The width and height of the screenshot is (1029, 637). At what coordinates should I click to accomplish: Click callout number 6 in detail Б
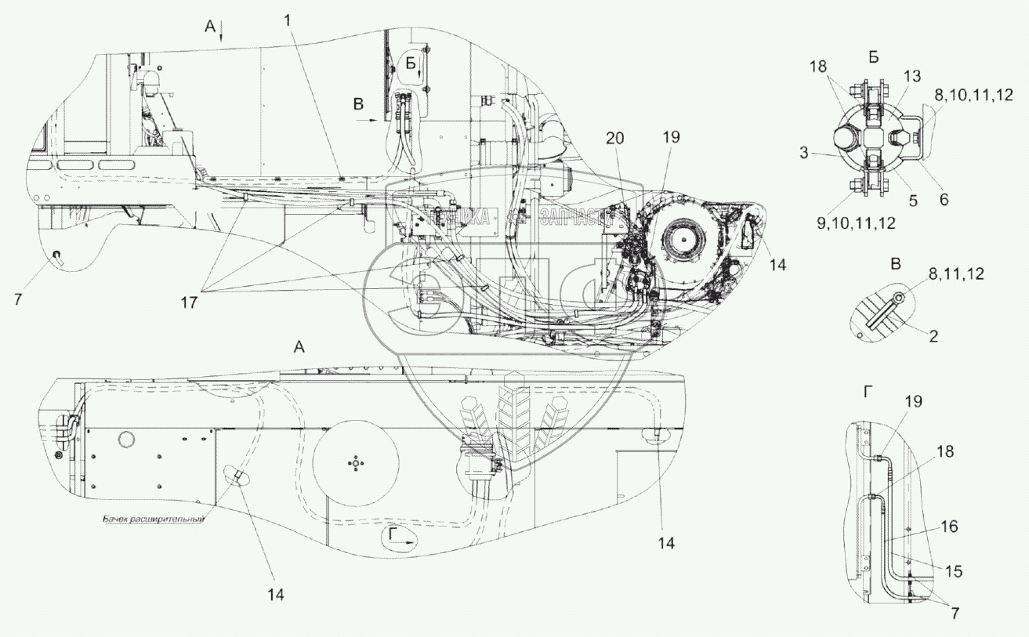944,200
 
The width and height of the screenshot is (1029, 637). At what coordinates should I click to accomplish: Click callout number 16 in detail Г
949,528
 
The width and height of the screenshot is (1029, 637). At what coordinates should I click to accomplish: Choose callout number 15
954,571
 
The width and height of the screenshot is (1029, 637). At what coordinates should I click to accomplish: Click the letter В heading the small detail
895,265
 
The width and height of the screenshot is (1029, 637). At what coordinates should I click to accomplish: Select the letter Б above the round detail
873,57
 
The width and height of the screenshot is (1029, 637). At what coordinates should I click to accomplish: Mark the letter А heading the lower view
299,348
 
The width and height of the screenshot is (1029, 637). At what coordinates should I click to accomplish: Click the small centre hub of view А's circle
357,464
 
